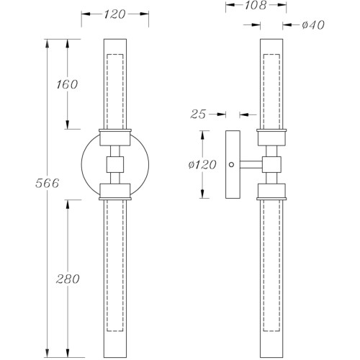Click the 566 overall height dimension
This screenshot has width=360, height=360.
pos(48,184)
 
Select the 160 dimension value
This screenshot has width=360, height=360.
pos(67,84)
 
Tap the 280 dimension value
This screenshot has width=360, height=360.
pos(68,279)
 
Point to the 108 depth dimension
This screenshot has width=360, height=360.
pos(256,5)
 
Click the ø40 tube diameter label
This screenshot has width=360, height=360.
pos(313,24)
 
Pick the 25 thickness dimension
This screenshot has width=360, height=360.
pos(198,114)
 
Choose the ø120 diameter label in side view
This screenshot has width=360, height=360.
pos(202,165)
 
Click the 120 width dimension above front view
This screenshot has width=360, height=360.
pos(114,14)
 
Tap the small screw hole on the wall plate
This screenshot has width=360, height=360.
pos(232,165)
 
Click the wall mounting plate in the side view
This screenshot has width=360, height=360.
pos(233,164)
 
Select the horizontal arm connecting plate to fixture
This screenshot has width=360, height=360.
pos(251,164)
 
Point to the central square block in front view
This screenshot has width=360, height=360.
pos(115,164)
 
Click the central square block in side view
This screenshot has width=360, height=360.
pos(271,164)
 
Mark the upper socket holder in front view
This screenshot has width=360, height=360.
pos(115,138)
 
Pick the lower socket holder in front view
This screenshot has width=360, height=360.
pos(115,192)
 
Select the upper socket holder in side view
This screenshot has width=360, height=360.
pos(271,138)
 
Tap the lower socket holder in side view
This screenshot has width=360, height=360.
pos(271,192)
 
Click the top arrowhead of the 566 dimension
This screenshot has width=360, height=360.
pos(48,43)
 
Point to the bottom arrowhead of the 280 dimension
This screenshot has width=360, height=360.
pos(68,354)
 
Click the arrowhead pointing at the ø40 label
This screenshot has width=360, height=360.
pos(287,24)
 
